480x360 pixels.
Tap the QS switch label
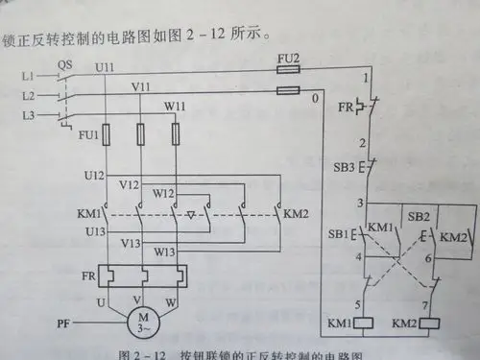tap(65, 65)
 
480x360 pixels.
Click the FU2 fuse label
tap(287, 59)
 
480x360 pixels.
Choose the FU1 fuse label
tap(88, 135)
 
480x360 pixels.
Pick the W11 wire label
tap(175, 105)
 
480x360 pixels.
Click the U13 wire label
tap(94, 231)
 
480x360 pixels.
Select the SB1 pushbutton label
tap(339, 233)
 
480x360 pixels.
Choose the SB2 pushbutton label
tap(416, 219)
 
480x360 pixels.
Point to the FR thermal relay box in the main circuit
tap(143, 277)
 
